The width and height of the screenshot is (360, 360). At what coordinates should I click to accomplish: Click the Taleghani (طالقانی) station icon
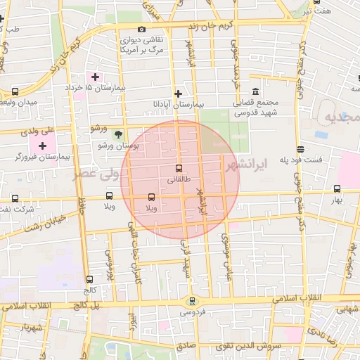coord(178,168)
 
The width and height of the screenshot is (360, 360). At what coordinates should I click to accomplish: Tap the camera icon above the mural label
coord(142,30)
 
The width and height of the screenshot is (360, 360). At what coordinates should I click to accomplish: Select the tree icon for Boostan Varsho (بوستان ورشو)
coord(118,134)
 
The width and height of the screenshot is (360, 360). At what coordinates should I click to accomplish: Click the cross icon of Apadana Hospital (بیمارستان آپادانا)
coord(179,93)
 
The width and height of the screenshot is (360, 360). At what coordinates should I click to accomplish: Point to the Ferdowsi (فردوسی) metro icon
coord(192,301)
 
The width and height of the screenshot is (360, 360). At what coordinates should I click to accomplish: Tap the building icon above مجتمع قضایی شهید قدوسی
coord(255,92)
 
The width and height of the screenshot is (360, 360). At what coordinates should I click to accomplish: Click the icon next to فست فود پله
coord(301,149)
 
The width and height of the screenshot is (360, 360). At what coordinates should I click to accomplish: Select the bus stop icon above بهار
coord(337,188)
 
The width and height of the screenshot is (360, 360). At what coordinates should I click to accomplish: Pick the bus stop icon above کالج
coord(89,279)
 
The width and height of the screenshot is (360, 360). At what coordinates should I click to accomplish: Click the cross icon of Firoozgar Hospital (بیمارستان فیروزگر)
coord(43,146)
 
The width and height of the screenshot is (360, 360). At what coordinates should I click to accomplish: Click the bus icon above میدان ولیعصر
coord(15,92)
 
